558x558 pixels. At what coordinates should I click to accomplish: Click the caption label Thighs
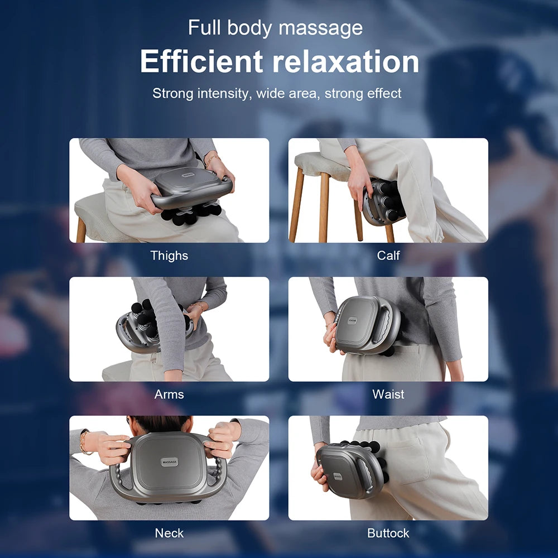click(169, 256)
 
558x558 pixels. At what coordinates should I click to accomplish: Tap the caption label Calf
click(388, 256)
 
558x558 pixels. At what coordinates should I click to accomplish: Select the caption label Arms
click(169, 395)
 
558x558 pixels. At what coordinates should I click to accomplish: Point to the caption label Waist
click(388, 395)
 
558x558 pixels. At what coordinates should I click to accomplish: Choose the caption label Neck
click(169, 533)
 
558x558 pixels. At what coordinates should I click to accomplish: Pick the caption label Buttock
click(388, 533)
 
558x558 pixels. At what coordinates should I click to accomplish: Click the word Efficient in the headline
click(201, 61)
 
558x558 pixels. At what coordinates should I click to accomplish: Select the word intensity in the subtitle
click(223, 93)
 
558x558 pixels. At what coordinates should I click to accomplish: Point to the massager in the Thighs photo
click(190, 190)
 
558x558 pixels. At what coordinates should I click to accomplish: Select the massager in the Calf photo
click(383, 201)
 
